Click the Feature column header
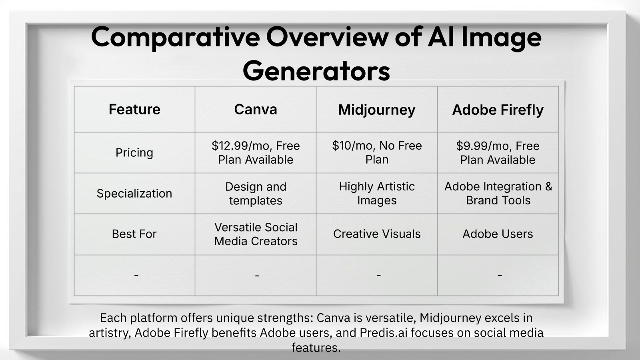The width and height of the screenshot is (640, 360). tap(134, 109)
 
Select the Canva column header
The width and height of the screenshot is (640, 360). tap(256, 109)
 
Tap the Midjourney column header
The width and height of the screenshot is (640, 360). tap(377, 110)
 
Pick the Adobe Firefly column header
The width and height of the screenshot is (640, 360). tap(498, 110)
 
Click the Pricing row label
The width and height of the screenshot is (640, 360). tap(134, 152)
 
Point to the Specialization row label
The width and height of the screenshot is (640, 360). tap(134, 193)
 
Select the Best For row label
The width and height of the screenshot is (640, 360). tap(134, 234)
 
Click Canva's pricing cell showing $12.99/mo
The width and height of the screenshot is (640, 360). tap(256, 152)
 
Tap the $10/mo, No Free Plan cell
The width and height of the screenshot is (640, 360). tap(377, 152)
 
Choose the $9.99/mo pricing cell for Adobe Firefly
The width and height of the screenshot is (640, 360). tap(498, 152)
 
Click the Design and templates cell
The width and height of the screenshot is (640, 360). tap(256, 193)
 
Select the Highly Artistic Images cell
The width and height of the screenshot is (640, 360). tap(377, 193)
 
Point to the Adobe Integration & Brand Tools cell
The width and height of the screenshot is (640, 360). tap(498, 193)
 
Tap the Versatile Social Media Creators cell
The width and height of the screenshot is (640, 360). tap(256, 234)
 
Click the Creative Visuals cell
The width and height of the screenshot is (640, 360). tap(377, 234)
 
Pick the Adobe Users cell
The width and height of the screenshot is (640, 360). tap(498, 234)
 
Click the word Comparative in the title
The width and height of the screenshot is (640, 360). tap(175, 37)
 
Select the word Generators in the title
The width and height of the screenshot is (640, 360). tap(316, 71)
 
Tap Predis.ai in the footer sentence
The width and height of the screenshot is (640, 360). tap(382, 332)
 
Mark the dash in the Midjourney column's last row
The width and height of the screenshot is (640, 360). tap(378, 275)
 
